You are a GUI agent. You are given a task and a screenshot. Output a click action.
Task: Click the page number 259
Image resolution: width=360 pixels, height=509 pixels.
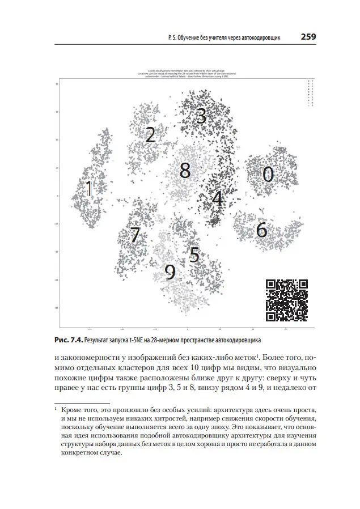pos(308,37)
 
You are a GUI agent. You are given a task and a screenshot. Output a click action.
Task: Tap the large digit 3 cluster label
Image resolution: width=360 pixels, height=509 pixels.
pos(201,116)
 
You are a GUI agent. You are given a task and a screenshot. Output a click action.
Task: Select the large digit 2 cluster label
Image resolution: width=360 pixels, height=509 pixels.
pos(150,135)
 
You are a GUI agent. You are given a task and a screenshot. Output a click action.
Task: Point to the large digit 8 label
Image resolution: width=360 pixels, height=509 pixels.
pos(185,169)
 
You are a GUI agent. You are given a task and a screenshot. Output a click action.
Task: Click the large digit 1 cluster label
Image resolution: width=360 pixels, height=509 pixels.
pos(89,189)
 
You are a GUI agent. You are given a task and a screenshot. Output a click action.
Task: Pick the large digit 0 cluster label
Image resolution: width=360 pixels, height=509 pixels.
pos(268,175)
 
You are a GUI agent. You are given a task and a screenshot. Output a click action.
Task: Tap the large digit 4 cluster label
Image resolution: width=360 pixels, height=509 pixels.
pos(217,198)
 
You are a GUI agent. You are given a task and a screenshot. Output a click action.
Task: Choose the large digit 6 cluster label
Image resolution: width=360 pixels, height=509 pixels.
pos(261,230)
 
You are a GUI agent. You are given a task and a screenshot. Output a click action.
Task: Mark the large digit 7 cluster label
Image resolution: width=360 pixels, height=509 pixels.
pos(134,235)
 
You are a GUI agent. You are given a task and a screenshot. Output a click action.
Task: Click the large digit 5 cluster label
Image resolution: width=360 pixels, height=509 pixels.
pos(194,255)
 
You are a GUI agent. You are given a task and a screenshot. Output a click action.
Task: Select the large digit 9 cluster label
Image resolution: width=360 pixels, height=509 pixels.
pos(170,273)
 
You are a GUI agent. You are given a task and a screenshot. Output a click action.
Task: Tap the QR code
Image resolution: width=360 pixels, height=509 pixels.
pos(287,300)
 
